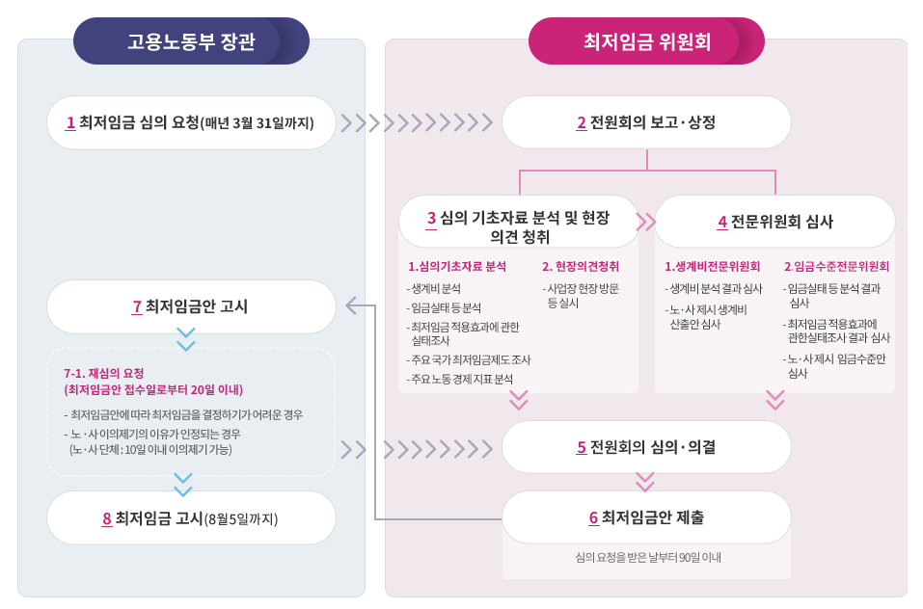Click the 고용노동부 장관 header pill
(191, 41)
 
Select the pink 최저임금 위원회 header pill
(646, 41)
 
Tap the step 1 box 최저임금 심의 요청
(191, 122)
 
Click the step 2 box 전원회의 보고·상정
(646, 122)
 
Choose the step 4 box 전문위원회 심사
(775, 222)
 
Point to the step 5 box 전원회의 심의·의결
(646, 447)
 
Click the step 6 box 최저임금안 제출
(646, 517)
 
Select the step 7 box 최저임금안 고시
(191, 306)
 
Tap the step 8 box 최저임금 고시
(191, 518)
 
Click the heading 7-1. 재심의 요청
(104, 373)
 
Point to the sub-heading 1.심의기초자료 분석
(457, 266)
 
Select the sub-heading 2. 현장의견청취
(581, 266)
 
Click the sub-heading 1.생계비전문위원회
(713, 266)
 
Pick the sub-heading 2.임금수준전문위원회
(836, 266)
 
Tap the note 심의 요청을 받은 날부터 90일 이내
(647, 557)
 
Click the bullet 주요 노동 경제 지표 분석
(461, 379)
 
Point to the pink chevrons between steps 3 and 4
(646, 222)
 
